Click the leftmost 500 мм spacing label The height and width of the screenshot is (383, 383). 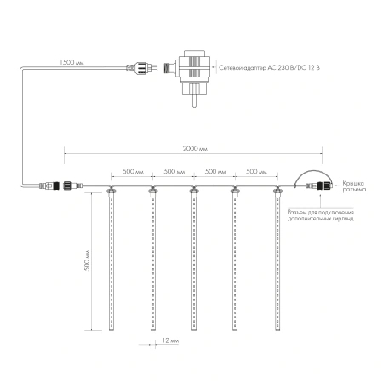click(x=132, y=171)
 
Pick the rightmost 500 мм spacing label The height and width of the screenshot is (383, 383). click(x=256, y=171)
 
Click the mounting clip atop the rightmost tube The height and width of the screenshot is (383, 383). click(x=277, y=190)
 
